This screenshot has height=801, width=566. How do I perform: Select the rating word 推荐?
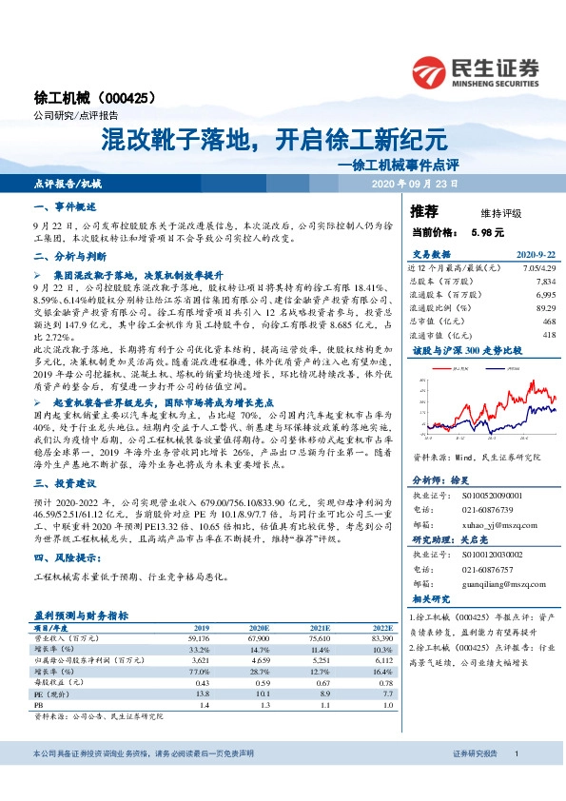424,212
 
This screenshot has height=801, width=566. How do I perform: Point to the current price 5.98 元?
487,232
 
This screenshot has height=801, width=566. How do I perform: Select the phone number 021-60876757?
489,569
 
